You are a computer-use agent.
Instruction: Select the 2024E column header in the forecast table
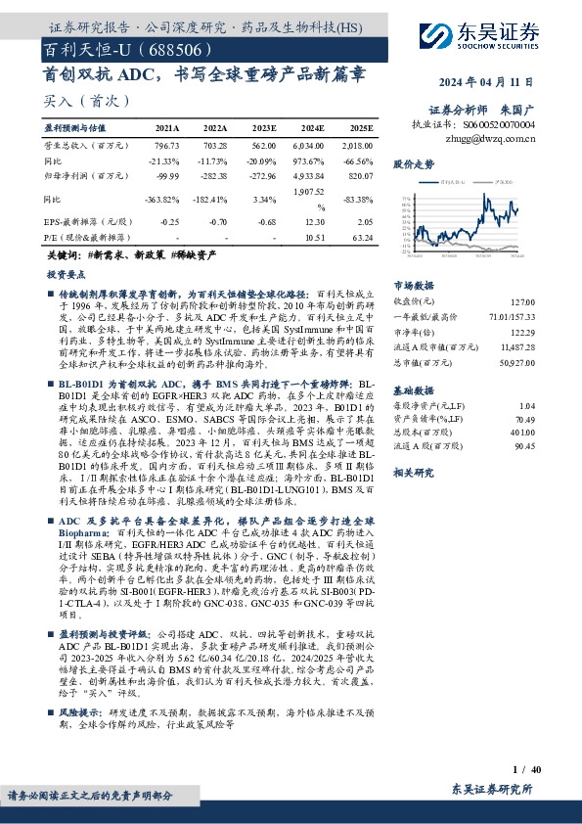coord(312,128)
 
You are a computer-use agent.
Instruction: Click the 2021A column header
coord(167,128)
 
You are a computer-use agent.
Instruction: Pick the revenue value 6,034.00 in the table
coord(310,144)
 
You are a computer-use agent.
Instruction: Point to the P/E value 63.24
coord(361,237)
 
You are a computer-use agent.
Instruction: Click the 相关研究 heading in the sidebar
coord(413,472)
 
